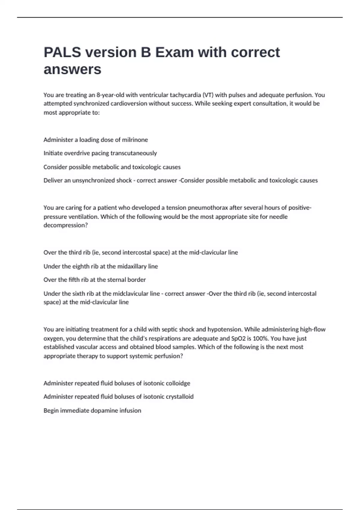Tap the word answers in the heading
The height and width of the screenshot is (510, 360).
coord(72,70)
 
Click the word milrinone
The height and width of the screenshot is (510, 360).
coord(135,140)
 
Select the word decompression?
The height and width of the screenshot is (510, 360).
coord(65,225)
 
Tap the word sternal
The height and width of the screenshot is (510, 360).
coord(114,280)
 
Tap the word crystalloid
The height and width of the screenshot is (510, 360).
coord(177,397)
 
